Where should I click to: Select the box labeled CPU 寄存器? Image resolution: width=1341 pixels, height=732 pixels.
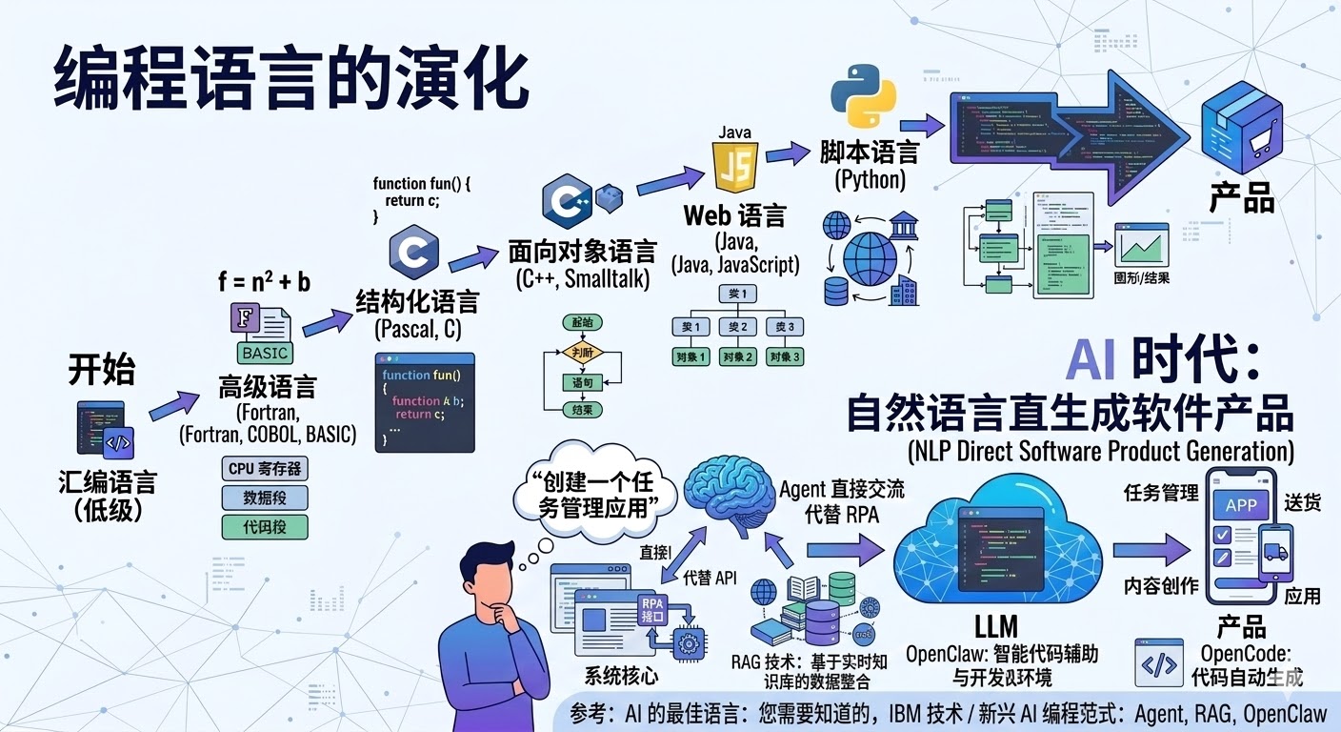(265, 469)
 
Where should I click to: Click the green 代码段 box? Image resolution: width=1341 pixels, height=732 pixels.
(265, 525)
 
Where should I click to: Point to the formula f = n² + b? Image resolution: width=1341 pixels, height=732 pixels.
(264, 281)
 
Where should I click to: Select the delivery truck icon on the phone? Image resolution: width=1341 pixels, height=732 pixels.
(1274, 553)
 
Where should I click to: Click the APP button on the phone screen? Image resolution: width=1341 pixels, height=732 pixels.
(1241, 505)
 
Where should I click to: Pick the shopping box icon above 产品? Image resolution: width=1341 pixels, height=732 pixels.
(1240, 138)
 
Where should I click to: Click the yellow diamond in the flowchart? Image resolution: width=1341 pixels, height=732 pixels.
(582, 352)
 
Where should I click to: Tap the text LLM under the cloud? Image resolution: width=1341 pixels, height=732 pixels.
(996, 626)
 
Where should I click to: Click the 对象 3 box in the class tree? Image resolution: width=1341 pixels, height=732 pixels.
(786, 357)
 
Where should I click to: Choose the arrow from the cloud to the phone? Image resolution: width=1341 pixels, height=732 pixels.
(1151, 552)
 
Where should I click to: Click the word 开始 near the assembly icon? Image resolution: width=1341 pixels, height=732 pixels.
(102, 370)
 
